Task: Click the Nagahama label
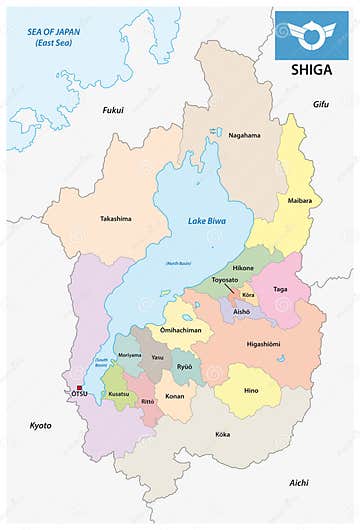pyautogui.click(x=244, y=135)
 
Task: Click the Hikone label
pyautogui.click(x=244, y=270)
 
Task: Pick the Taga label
pyautogui.click(x=280, y=288)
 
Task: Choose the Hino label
pyautogui.click(x=250, y=390)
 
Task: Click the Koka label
pyautogui.click(x=223, y=434)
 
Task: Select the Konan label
pyautogui.click(x=174, y=396)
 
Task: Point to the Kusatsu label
pyautogui.click(x=118, y=394)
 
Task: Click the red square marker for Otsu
pyautogui.click(x=79, y=387)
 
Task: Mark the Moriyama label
pyautogui.click(x=130, y=355)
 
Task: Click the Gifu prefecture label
pyautogui.click(x=320, y=103)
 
